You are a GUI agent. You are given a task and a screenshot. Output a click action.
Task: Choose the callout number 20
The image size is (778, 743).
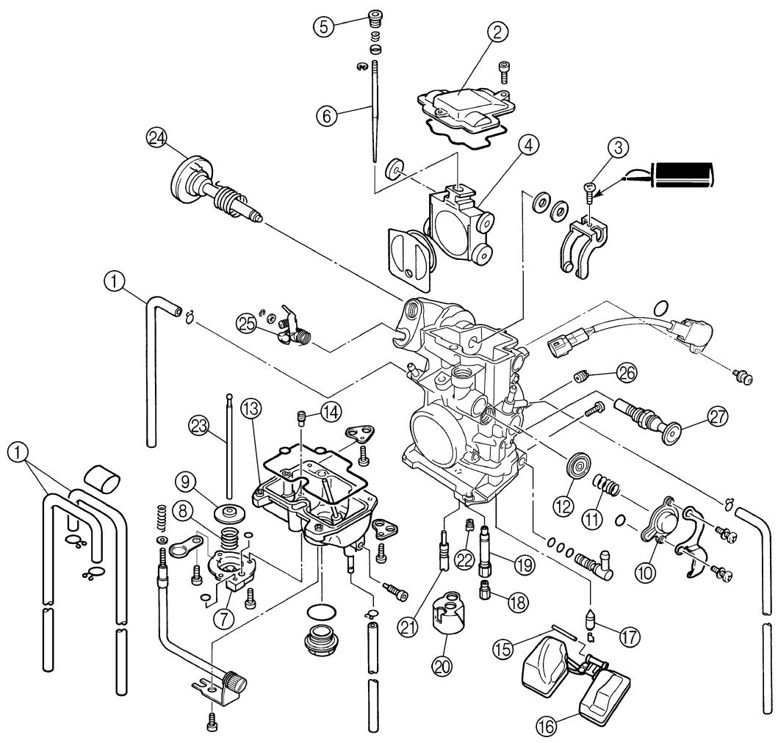442,665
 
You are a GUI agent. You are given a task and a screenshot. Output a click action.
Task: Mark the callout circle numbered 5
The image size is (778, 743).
323,25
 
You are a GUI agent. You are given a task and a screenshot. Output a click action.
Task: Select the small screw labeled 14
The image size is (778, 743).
300,417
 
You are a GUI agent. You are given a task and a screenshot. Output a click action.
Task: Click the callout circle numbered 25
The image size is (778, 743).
247,325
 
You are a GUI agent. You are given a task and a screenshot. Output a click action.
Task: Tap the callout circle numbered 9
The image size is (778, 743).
184,481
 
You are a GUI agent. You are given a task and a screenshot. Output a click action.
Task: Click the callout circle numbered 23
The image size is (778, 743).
199,426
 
